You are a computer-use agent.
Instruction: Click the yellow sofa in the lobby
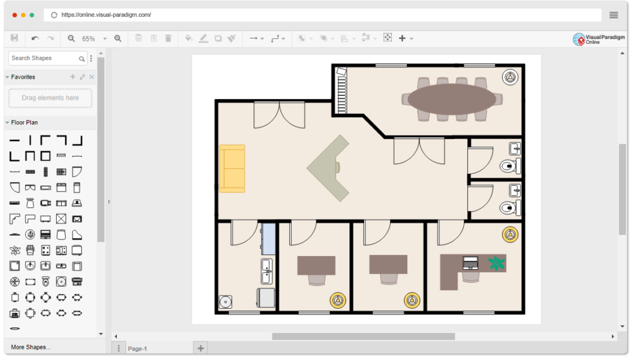(x=232, y=168)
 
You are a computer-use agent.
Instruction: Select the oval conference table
(x=452, y=99)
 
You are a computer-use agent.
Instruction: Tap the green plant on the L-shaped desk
(x=496, y=264)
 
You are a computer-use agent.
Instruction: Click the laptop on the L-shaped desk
(x=470, y=263)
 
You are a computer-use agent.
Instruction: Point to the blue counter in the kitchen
(x=268, y=239)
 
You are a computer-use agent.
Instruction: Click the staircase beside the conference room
(x=341, y=90)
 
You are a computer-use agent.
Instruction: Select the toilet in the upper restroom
(x=510, y=166)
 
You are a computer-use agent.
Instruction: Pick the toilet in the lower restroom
(x=510, y=208)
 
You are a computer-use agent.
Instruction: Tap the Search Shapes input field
(x=44, y=58)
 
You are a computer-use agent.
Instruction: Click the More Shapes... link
(x=31, y=347)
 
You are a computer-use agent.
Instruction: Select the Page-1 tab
(x=137, y=348)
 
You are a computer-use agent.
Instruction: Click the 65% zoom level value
(x=88, y=39)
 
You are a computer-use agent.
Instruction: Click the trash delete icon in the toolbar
(x=168, y=38)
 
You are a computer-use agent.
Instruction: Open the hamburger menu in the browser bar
(x=614, y=15)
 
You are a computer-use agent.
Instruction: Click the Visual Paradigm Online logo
(x=598, y=39)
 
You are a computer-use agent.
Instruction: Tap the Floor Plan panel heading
(x=24, y=122)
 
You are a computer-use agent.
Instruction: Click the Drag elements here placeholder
(x=50, y=98)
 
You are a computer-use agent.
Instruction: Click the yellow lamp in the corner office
(x=510, y=234)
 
